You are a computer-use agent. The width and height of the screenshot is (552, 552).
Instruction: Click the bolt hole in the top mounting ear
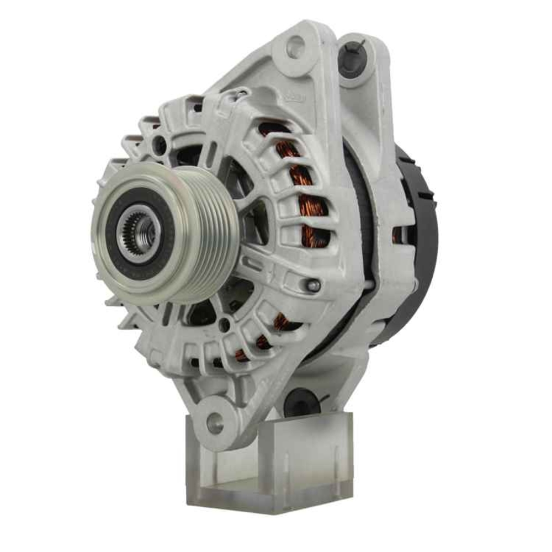(297, 44)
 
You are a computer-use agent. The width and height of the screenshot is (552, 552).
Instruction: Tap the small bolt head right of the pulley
(313, 285)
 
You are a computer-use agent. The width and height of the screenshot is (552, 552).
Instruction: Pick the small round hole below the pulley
(224, 325)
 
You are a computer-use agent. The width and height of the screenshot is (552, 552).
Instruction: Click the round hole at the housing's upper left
(161, 145)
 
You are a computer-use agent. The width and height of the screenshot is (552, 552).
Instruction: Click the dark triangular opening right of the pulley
(255, 221)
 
